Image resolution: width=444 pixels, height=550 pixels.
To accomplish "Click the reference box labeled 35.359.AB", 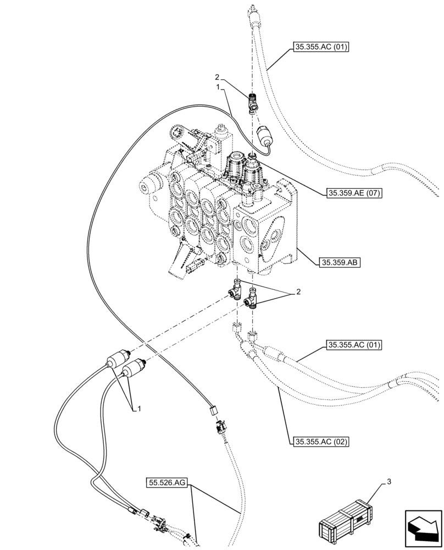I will tap(338, 262).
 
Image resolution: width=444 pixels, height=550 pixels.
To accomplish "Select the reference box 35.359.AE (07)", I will tap(354, 193).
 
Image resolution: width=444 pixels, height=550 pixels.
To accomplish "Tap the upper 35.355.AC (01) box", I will tap(322, 48).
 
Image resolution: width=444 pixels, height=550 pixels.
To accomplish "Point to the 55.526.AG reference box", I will tap(168, 483).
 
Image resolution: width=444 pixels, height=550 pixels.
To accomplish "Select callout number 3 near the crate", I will tap(389, 482).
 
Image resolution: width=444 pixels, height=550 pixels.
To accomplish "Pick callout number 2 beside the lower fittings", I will tap(298, 292).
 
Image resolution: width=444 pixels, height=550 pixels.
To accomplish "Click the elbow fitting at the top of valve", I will tap(252, 102).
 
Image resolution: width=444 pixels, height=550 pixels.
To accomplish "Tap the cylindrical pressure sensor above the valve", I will tap(264, 136).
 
